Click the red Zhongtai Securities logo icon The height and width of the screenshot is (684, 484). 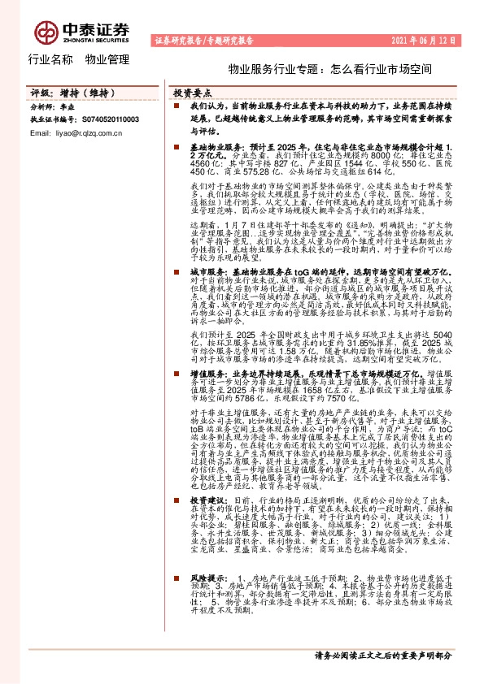[45, 32]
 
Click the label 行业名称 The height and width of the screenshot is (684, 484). [50, 59]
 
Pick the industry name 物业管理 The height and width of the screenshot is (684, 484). [107, 59]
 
